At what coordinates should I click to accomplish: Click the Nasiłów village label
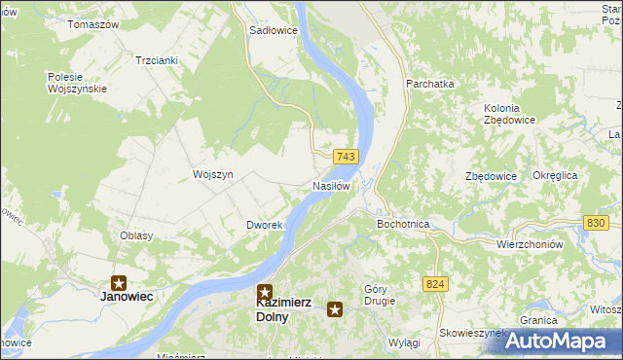(x=331, y=186)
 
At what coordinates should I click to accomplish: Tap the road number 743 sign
(x=346, y=157)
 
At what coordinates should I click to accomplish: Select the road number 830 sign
(x=598, y=224)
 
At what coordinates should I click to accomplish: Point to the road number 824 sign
(x=436, y=283)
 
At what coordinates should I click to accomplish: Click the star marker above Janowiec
(x=119, y=282)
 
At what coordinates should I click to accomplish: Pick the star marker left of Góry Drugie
(x=335, y=309)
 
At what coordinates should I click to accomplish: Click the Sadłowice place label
(x=274, y=30)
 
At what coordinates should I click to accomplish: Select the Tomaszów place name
(x=92, y=23)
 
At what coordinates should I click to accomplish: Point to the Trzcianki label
(x=157, y=59)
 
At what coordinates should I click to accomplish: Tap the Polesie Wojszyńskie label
(x=76, y=83)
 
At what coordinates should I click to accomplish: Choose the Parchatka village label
(x=430, y=85)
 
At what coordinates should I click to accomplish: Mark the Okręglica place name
(x=556, y=175)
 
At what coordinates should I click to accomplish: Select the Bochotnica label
(x=403, y=224)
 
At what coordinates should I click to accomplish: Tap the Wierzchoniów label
(x=530, y=245)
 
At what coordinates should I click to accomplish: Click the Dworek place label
(x=264, y=225)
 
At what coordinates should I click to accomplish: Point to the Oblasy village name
(x=135, y=236)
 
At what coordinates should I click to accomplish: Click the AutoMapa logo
(x=558, y=341)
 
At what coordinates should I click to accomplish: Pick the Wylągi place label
(x=403, y=343)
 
